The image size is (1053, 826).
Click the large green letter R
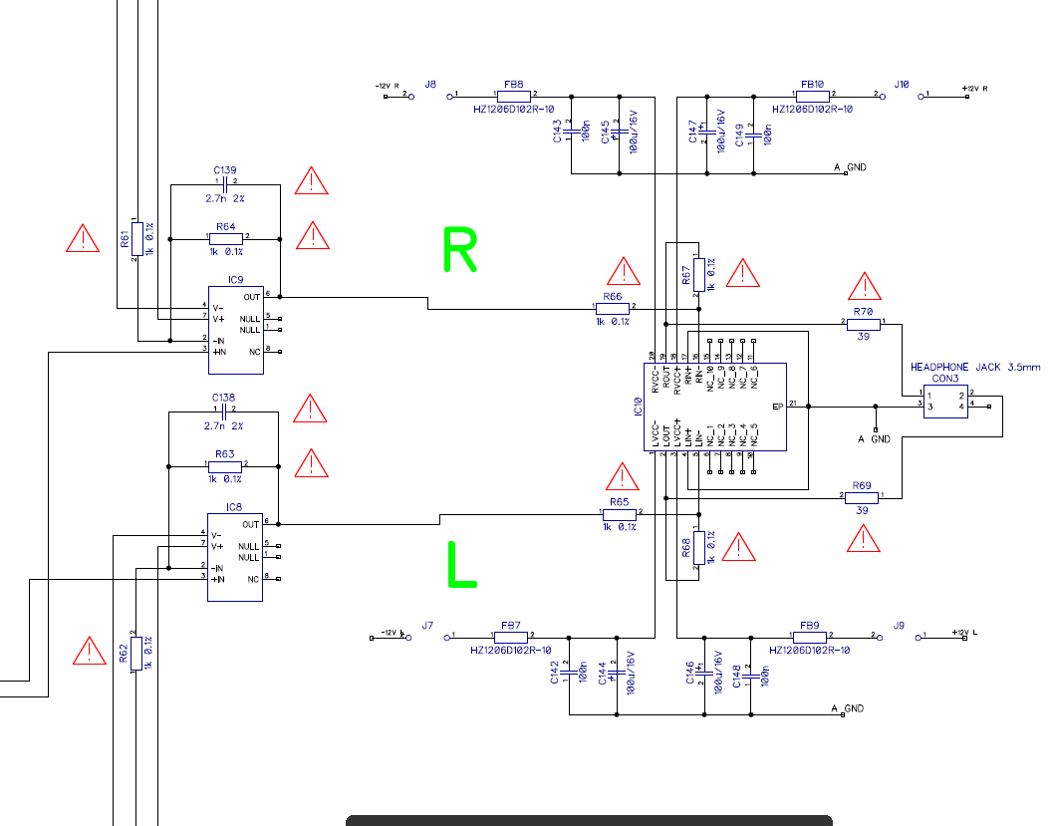459,250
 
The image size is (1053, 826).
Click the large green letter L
459,565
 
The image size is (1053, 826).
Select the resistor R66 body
613,309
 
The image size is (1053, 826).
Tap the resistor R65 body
619,514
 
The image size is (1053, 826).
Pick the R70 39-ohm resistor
863,324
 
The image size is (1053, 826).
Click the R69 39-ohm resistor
863,496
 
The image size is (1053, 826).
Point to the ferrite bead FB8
514,96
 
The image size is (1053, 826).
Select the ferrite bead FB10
813,96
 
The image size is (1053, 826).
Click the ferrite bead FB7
512,636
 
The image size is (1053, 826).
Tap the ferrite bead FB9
809,636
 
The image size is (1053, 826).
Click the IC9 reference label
235,280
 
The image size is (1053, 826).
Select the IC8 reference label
234,507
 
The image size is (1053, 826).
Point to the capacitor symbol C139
225,184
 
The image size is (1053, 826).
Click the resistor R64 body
226,239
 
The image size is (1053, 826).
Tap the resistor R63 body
225,465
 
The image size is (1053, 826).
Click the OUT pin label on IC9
251,297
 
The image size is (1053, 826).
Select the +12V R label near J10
974,89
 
